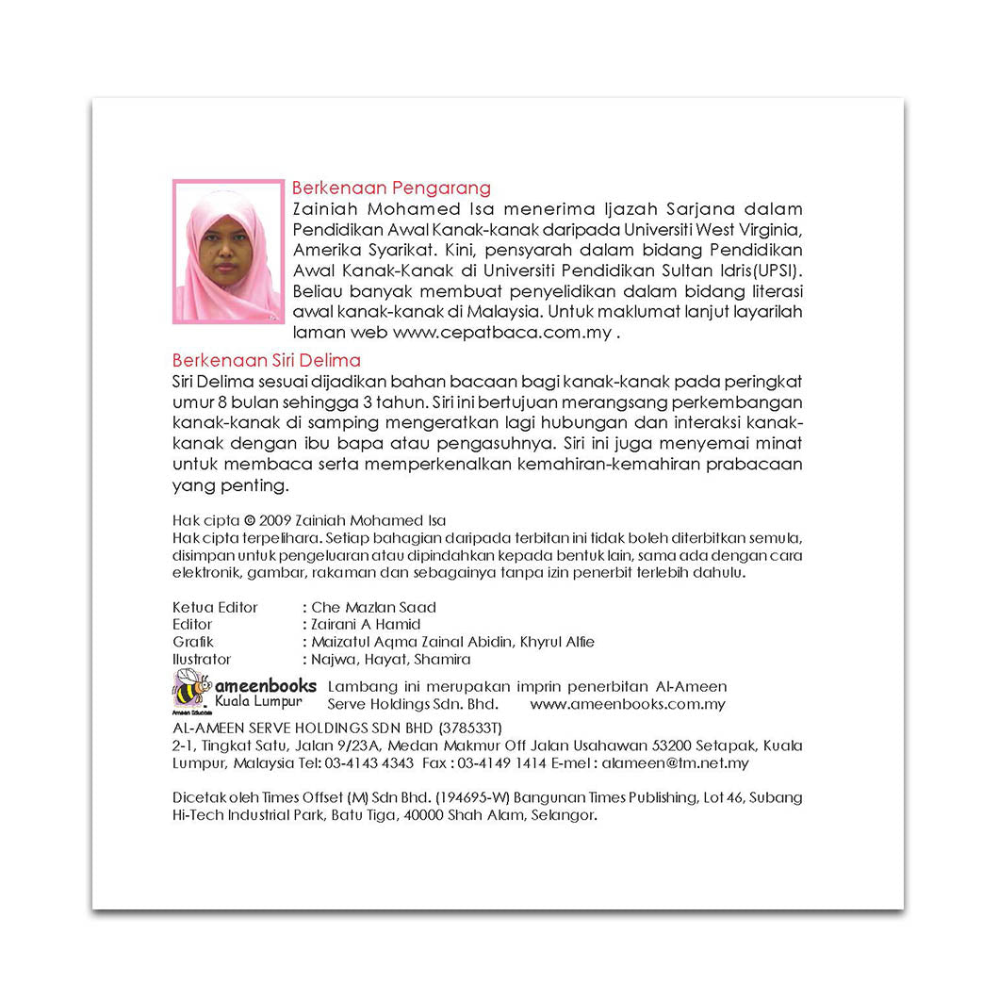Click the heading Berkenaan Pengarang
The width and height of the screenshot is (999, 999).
[x=391, y=188]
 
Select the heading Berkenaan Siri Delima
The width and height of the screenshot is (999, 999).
[x=267, y=360]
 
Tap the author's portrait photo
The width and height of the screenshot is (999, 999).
[x=228, y=252]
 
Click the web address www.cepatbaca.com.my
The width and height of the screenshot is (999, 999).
[x=501, y=332]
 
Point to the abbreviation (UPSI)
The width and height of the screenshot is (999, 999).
[x=773, y=270]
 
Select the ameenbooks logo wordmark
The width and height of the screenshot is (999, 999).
[x=265, y=685]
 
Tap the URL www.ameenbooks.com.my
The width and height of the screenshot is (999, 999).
[x=628, y=704]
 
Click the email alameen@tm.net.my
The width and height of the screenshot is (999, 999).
[x=675, y=763]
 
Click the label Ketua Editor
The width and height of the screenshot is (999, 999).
[x=215, y=608]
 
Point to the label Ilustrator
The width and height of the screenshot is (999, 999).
[x=202, y=660]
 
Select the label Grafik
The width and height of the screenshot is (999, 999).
[x=193, y=642]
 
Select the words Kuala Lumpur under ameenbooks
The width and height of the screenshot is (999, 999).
[x=258, y=703]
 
